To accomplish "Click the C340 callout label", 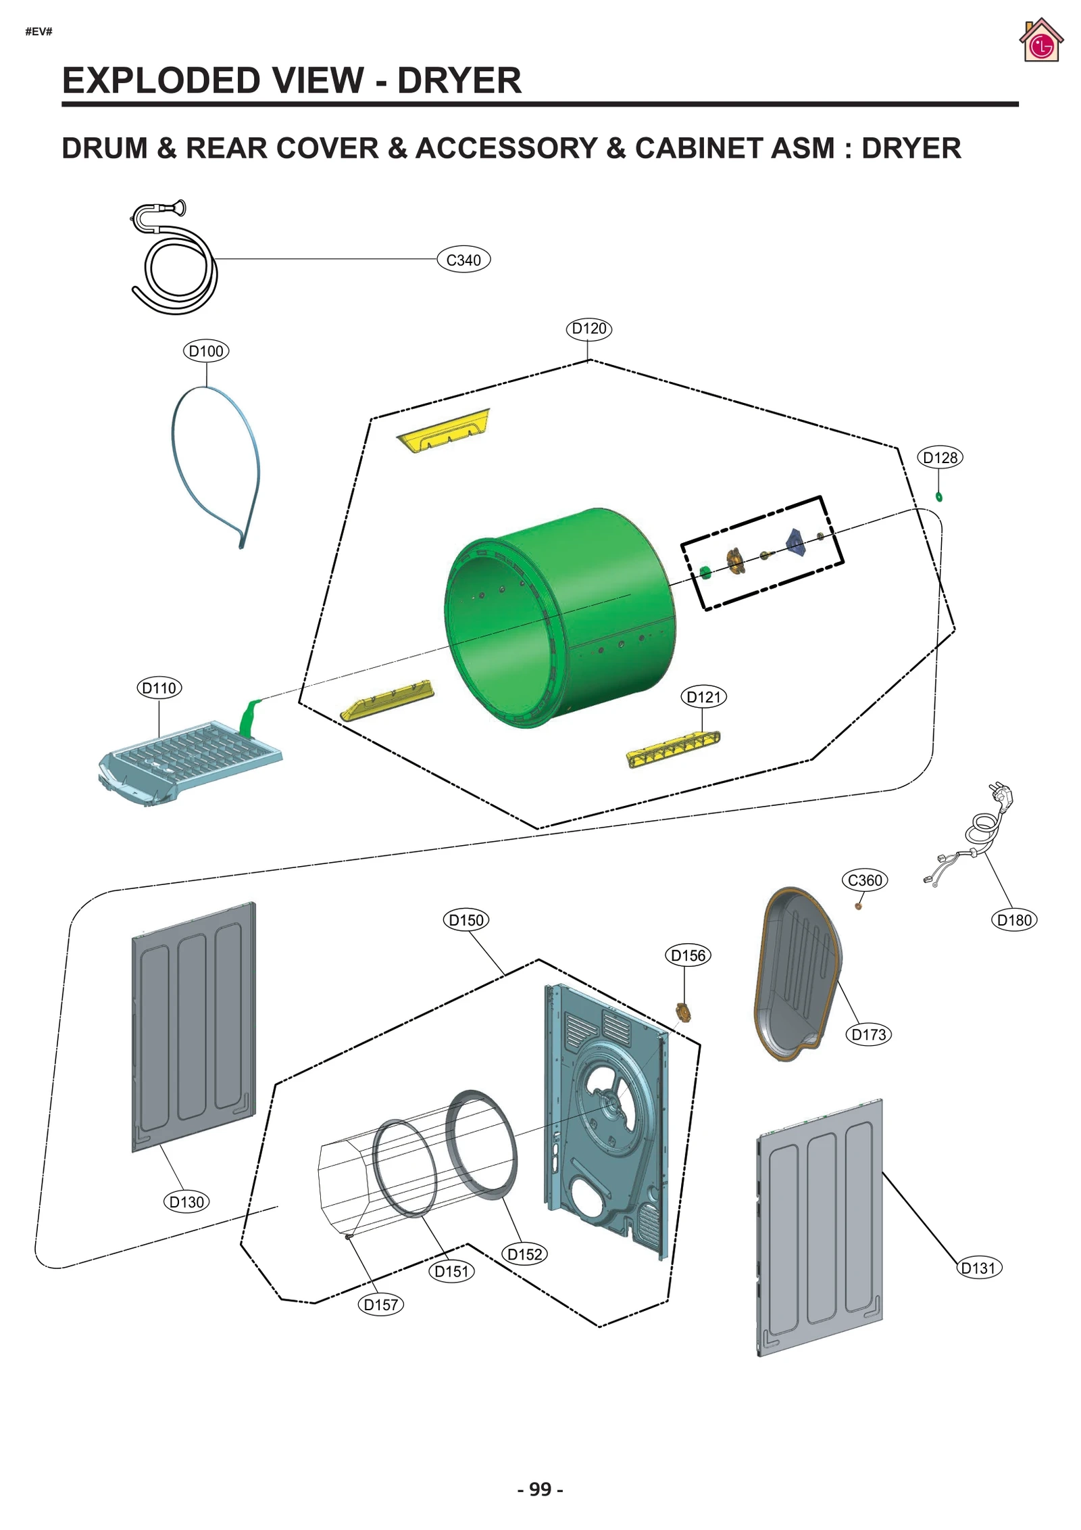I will pyautogui.click(x=463, y=260).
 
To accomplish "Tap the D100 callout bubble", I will pyautogui.click(x=206, y=351).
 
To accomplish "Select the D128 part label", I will pyautogui.click(x=940, y=458).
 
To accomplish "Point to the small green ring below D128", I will pyautogui.click(x=939, y=498).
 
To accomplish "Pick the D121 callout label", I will pyautogui.click(x=703, y=697).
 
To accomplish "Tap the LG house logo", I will pyautogui.click(x=1041, y=42).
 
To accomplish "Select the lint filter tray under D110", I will pyautogui.click(x=189, y=761).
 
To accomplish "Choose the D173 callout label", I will pyautogui.click(x=868, y=1034).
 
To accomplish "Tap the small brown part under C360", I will pyautogui.click(x=859, y=906).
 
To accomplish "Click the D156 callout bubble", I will pyautogui.click(x=688, y=955).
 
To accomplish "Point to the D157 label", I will pyautogui.click(x=380, y=1305).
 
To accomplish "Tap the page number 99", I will pyautogui.click(x=540, y=1489).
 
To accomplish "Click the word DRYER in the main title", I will pyautogui.click(x=459, y=81).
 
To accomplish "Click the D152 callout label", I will pyautogui.click(x=524, y=1254).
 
